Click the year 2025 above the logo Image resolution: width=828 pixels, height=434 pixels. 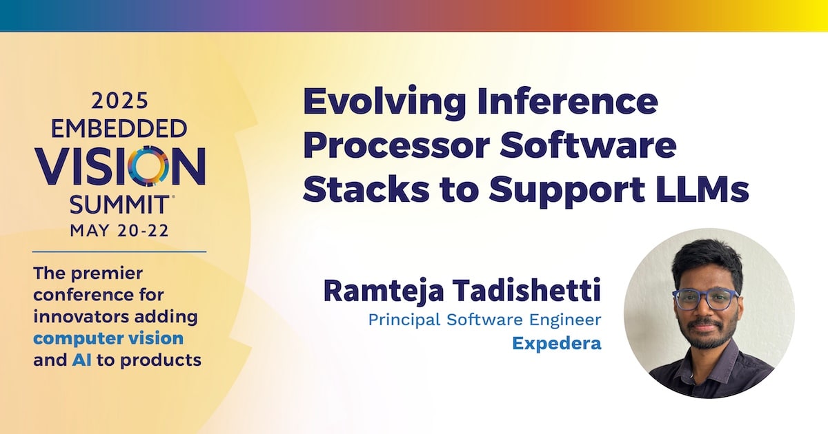coord(119,101)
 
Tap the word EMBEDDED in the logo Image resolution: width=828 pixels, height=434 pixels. coord(119,129)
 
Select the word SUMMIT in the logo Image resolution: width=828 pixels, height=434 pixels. coord(119,205)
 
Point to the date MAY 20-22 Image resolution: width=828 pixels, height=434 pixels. coord(119,230)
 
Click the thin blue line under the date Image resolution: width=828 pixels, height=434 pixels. coord(119,252)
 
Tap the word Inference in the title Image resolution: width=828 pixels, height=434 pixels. coord(567,101)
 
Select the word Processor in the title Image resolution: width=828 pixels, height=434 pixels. coord(396,145)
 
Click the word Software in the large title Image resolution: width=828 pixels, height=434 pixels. coord(588,145)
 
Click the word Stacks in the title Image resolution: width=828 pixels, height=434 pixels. coord(366,189)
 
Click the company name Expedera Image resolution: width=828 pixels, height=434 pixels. coord(557,344)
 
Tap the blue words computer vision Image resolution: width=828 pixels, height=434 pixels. coord(108,339)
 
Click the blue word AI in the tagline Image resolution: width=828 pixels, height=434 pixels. coord(81,360)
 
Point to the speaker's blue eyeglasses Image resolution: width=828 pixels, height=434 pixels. coord(705,299)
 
